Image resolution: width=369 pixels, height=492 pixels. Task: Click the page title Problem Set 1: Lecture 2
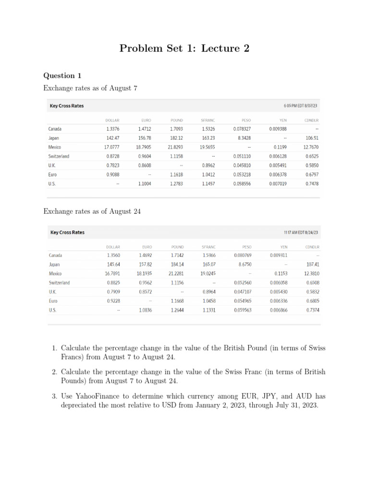[x=184, y=49]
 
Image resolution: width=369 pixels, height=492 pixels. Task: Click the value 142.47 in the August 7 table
[x=112, y=138]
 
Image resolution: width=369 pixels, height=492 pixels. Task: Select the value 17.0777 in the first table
[x=112, y=147]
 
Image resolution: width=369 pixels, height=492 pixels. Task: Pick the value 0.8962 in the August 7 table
[x=208, y=165]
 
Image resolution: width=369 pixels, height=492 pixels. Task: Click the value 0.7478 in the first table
[x=312, y=184]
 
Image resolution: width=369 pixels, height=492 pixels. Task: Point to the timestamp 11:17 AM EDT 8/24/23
[x=301, y=233]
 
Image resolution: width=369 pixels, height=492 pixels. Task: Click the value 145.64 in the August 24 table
[x=113, y=264]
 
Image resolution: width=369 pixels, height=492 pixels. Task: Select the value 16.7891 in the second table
[x=112, y=273]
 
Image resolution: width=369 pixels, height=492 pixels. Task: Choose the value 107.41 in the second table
[x=313, y=264]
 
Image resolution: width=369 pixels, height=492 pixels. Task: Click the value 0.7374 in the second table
[x=312, y=310]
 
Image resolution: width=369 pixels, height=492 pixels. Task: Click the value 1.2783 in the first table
[x=176, y=184]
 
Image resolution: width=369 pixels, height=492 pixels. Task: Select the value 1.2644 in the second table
[x=177, y=310]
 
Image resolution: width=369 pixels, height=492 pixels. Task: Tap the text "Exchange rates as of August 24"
[x=92, y=211]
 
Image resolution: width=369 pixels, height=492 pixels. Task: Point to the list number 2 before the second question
[x=55, y=372]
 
